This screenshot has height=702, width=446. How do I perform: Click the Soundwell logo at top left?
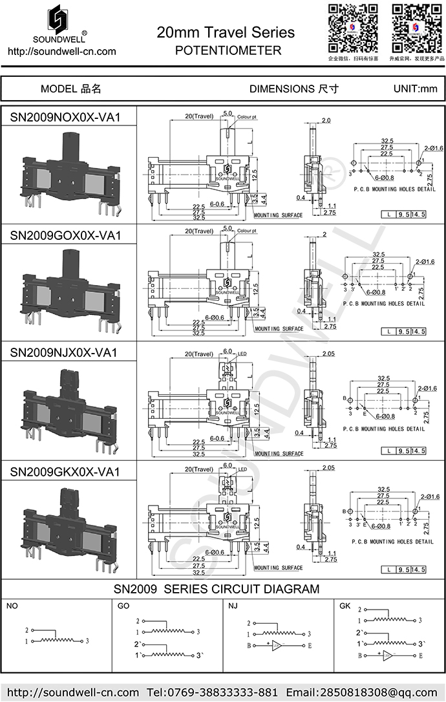point(59,23)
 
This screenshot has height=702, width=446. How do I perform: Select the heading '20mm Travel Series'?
point(226,32)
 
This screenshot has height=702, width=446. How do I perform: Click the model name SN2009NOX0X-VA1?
point(65,117)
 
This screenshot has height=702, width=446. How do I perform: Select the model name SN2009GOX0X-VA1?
point(65,235)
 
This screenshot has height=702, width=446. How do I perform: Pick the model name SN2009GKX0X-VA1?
point(65,472)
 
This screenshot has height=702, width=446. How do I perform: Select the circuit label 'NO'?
point(12,606)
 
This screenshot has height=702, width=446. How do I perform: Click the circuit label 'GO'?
point(123,606)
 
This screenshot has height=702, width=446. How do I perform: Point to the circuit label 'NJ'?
point(233,606)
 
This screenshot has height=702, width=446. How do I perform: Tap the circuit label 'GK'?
point(345,606)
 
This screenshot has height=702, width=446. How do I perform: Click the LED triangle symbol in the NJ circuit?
point(277,645)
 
